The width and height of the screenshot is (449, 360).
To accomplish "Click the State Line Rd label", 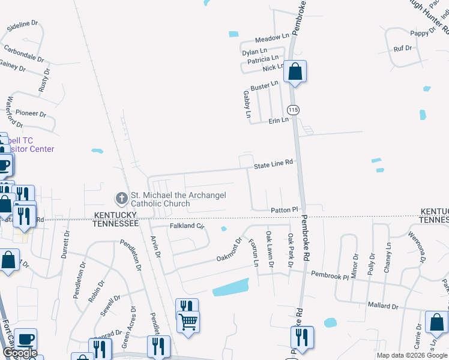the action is [273, 163].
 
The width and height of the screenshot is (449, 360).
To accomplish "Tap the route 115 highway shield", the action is [293, 110].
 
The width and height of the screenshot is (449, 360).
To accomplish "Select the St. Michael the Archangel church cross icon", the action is [121, 197].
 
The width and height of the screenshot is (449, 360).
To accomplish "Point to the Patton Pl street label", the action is [285, 209].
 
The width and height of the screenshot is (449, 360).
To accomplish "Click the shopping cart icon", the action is [188, 323].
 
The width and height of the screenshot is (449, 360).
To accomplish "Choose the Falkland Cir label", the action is [187, 226].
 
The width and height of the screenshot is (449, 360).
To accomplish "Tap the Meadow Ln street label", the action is [272, 37].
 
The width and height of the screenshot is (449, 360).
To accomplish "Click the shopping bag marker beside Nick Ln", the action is [295, 72].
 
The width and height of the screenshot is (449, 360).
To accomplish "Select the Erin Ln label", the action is [279, 120].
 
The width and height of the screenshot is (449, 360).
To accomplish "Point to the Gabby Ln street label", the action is [247, 104].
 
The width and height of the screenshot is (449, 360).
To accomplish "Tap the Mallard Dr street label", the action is [382, 305].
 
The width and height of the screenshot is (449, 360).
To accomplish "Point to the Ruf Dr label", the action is [403, 48].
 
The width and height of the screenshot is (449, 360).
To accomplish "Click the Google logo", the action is [20, 353].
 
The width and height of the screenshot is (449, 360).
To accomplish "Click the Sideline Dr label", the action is [22, 26].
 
